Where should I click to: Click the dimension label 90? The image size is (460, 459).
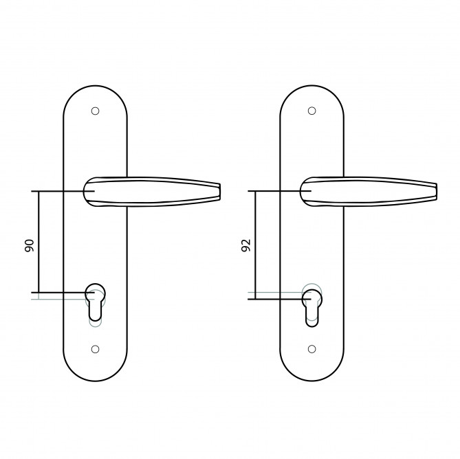pyautogui.click(x=29, y=245)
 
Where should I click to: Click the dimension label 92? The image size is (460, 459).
pyautogui.click(x=245, y=245)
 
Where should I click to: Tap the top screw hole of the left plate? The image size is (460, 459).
pyautogui.click(x=95, y=110)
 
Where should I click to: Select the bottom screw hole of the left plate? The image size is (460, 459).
pyautogui.click(x=95, y=348)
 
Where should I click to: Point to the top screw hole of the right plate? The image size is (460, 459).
pyautogui.click(x=311, y=110)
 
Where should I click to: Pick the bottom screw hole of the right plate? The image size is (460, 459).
pyautogui.click(x=311, y=348)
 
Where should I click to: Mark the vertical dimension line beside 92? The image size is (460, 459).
pyautogui.click(x=256, y=244)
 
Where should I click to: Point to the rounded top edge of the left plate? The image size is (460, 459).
pyautogui.click(x=95, y=87)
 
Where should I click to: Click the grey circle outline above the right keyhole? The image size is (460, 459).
pyautogui.click(x=311, y=284)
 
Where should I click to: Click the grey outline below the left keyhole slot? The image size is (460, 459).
pyautogui.click(x=96, y=322)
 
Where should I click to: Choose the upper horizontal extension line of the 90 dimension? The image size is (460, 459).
pyautogui.click(x=58, y=190)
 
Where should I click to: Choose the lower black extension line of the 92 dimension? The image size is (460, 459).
pyautogui.click(x=275, y=298)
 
